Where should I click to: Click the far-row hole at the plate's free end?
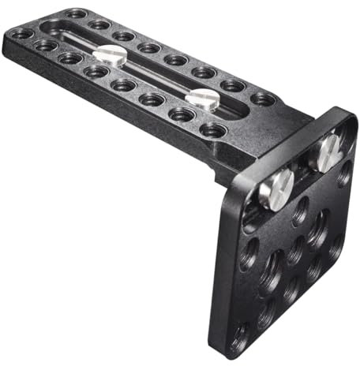(75, 14)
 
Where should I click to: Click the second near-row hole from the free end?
(45, 46)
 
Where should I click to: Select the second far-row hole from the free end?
(99, 24)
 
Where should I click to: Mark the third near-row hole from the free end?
(70, 58)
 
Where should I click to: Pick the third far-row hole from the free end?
(122, 35)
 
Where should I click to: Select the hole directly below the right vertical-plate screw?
(319, 229)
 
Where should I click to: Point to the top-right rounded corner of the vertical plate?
(347, 118)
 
